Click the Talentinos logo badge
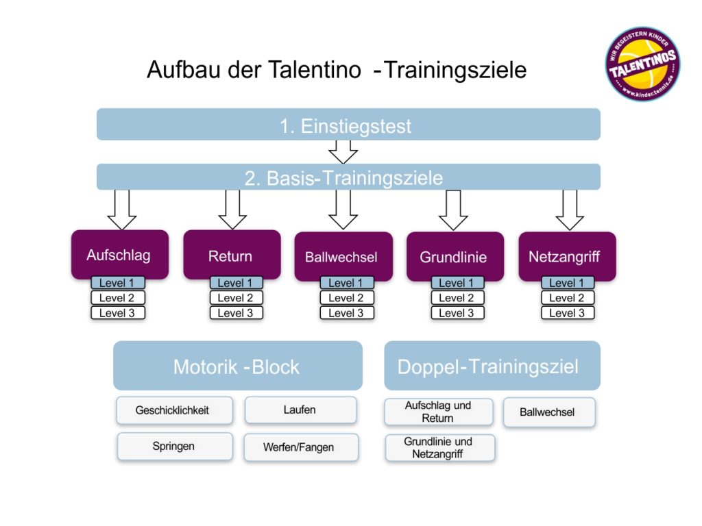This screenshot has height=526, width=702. pos(642,64)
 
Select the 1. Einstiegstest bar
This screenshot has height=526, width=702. pos(348,125)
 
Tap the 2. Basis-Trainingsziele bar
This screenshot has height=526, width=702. pos(348,177)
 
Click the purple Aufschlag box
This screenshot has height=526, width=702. pos(119,255)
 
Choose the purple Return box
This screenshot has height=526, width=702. pos(231,255)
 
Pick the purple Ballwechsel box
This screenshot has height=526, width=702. pos(343,257)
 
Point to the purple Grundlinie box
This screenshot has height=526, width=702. pos(454,257)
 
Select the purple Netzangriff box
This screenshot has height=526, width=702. pos(566,257)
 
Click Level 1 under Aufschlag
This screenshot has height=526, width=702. pos(117,283)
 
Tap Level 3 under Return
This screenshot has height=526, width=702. pos(236,313)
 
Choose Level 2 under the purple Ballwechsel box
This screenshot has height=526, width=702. pos(347,298)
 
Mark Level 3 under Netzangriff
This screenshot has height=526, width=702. pos(568,313)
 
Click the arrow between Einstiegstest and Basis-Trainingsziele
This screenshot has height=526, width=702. pos(343,151)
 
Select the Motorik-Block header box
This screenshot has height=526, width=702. pos(237,366)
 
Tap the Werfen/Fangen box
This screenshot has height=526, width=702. pos(300,447)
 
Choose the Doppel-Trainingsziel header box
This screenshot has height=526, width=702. pos(492,366)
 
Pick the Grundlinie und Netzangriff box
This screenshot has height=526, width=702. pos(439,447)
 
